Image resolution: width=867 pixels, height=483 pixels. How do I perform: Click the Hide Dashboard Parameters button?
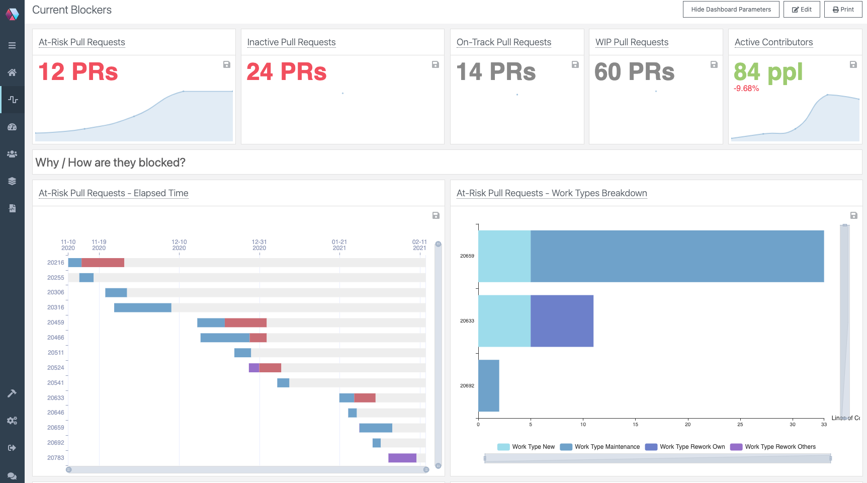point(731,10)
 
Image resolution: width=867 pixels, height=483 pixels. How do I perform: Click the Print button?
point(843,10)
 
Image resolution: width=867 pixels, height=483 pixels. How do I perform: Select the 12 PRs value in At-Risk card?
point(78,71)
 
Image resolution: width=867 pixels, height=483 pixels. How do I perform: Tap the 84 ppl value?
point(768,72)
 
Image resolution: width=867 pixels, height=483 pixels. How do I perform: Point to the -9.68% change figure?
point(746,89)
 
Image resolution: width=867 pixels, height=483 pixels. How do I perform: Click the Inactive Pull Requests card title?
point(291,42)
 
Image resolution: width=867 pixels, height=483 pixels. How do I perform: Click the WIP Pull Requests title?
point(632,42)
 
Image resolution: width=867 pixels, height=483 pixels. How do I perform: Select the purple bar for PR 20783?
point(402,458)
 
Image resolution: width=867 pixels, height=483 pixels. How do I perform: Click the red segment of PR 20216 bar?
point(103,263)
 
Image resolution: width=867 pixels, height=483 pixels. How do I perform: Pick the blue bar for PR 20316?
point(142,307)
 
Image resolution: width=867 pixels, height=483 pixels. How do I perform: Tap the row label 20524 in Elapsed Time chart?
point(55,368)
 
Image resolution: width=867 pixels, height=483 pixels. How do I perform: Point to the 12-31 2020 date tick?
point(259,245)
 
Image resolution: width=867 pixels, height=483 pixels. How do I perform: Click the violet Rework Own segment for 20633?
point(562,321)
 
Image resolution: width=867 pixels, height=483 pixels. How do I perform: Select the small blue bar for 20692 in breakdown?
point(488,385)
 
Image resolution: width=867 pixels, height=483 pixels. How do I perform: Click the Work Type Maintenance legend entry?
point(600,447)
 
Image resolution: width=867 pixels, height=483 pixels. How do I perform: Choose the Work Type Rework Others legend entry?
point(773,447)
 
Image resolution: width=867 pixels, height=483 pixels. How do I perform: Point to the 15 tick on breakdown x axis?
point(635,425)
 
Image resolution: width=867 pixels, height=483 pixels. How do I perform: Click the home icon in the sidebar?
point(12,72)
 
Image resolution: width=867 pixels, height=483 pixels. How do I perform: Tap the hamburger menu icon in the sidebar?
point(12,45)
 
